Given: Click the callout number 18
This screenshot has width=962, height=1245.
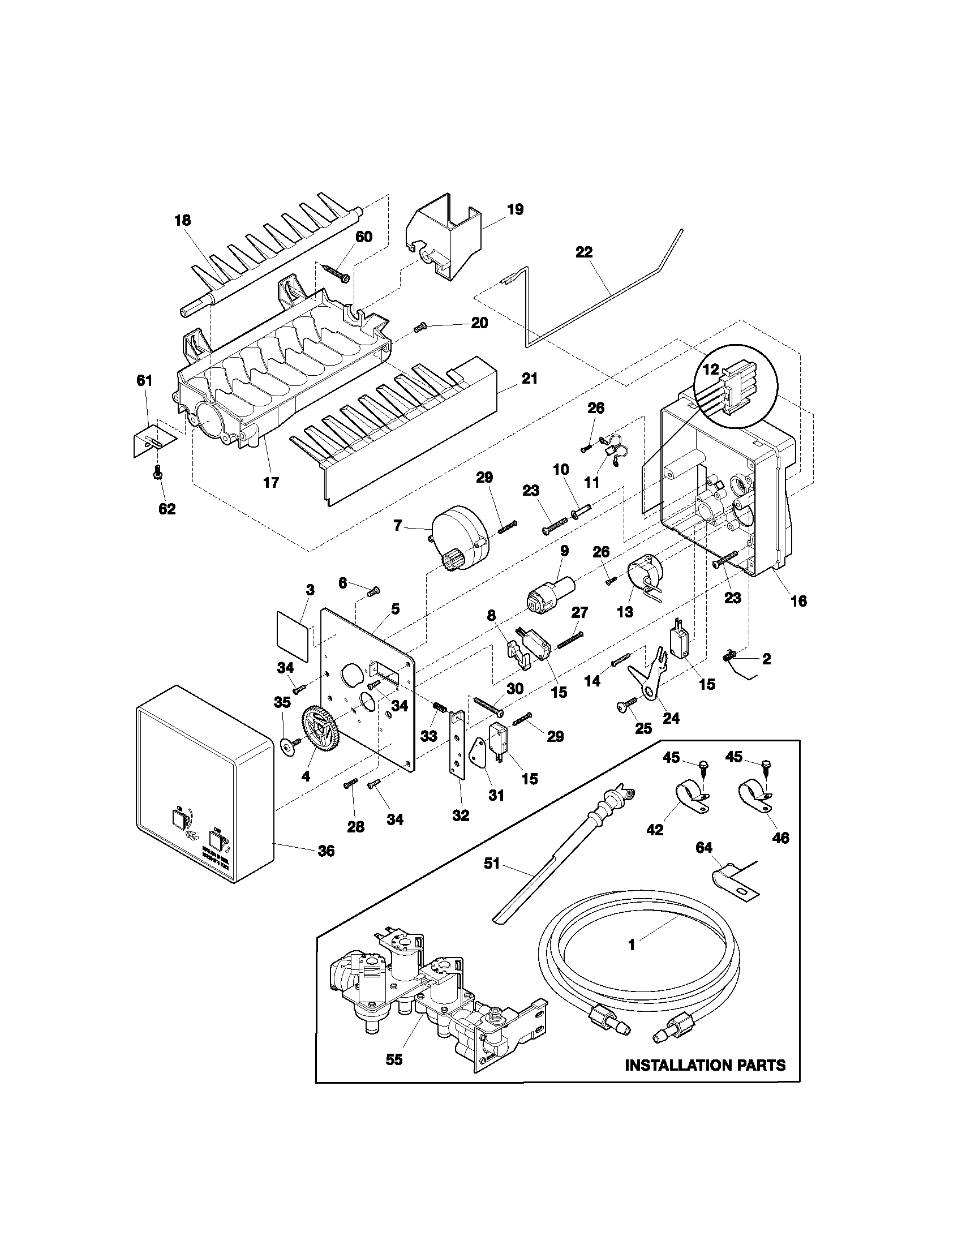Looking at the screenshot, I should [183, 221].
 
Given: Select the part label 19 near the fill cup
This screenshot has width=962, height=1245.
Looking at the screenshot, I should [514, 209].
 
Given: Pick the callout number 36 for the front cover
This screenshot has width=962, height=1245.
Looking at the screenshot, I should [326, 851].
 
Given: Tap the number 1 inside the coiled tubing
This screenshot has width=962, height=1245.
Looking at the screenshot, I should [631, 945].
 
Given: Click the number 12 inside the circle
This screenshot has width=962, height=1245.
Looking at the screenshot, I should [711, 370].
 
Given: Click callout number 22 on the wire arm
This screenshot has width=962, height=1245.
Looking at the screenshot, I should [583, 252].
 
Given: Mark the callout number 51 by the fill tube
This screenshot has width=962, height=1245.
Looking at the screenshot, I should [491, 864].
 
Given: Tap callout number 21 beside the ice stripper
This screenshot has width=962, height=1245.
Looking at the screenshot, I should [530, 379].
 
